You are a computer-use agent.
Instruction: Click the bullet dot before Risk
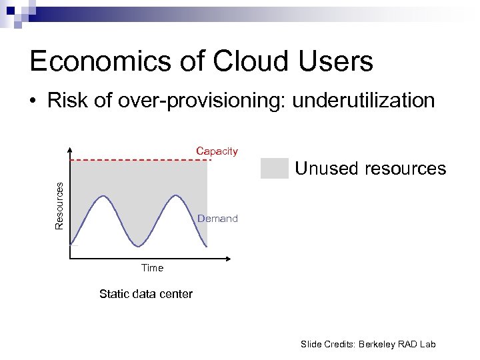[x=33, y=102]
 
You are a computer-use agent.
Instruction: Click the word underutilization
[x=364, y=101]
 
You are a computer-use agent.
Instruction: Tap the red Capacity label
[x=217, y=151]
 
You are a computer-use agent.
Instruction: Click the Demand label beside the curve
[x=217, y=219]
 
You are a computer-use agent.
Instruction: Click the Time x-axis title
[x=152, y=268]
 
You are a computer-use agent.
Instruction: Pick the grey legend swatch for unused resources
[x=274, y=169]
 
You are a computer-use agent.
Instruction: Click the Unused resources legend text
[x=370, y=169]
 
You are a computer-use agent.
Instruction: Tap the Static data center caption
[x=145, y=294]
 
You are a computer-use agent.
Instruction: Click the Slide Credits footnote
[x=367, y=344]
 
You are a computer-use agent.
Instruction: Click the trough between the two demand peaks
[x=139, y=246]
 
